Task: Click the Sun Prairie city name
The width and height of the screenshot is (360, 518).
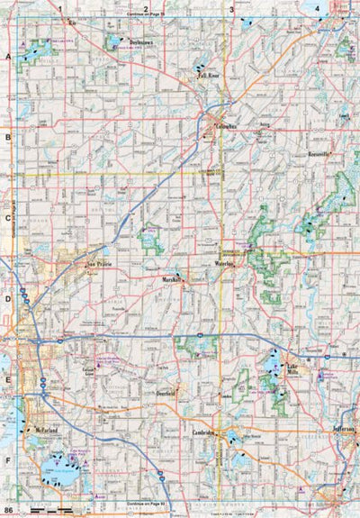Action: pos(103,267)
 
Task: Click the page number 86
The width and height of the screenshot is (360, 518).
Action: pos(8,511)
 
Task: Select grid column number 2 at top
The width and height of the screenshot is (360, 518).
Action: pos(145,9)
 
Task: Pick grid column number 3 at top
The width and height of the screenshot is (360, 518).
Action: pos(231,9)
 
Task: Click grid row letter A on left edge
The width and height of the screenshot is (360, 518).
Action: pos(8,56)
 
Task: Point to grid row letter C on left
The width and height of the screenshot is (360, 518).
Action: pos(8,218)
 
